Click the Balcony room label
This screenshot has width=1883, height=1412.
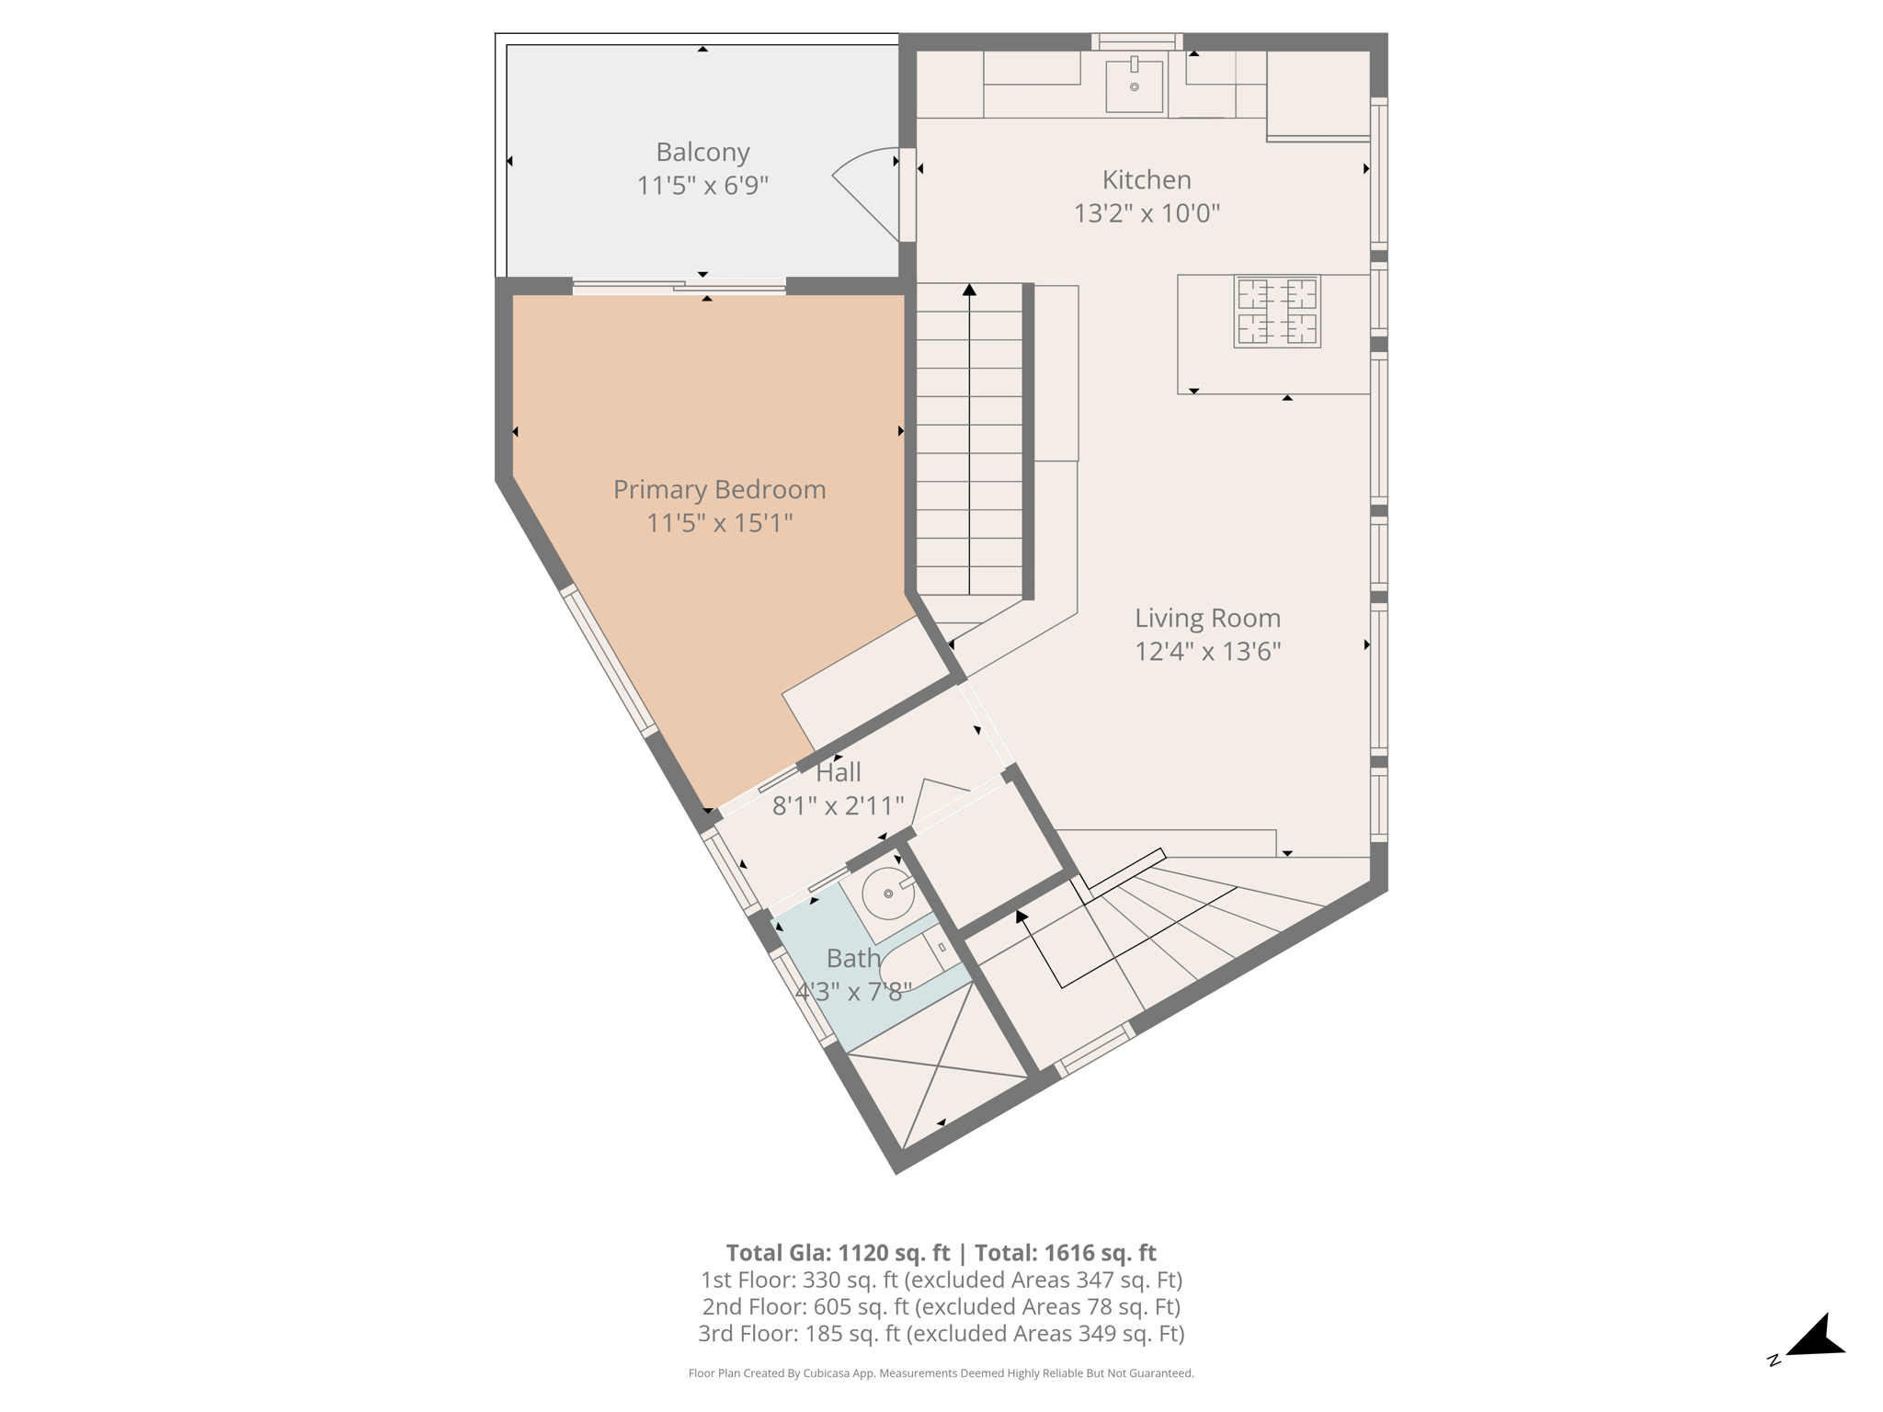point(702,152)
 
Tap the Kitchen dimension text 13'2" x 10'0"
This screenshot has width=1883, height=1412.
point(1147,213)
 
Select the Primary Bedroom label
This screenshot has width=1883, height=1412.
point(719,489)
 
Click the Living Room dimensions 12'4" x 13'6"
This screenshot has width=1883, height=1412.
point(1207,651)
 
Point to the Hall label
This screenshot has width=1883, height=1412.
point(838,772)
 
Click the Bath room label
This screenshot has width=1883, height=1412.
point(853,958)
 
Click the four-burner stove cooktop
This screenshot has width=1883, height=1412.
point(1277,312)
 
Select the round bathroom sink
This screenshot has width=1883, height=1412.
point(888,894)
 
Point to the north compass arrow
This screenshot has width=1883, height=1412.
point(1815,1339)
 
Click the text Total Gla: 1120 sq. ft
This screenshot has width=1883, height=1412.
point(838,1253)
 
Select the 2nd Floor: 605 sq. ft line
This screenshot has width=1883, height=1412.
point(941,1306)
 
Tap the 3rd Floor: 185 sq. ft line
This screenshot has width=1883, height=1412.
point(941,1333)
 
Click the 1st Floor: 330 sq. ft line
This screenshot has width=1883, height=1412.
point(941,1280)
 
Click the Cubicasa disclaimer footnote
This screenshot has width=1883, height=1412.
point(941,1373)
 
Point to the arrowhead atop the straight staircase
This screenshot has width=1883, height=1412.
point(969,290)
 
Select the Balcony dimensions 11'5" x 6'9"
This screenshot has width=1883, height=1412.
point(702,186)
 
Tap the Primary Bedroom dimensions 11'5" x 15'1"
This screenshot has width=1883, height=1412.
point(719,523)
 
